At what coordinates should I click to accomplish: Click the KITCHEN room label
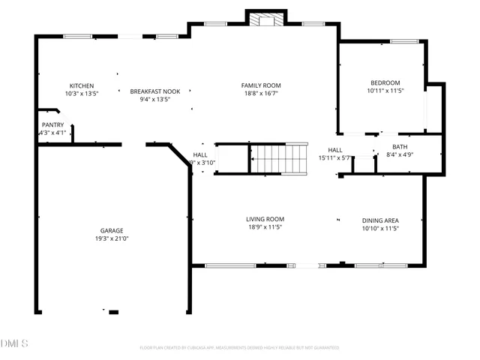[82, 85]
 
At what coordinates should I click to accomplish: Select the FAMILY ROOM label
[261, 85]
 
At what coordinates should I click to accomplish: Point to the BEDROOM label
[385, 82]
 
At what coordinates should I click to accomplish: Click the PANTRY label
[52, 125]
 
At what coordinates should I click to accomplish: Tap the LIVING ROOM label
[265, 219]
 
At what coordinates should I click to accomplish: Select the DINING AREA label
[380, 220]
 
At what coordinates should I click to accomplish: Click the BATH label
[400, 147]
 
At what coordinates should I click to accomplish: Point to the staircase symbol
[278, 158]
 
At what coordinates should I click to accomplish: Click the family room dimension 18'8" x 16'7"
[261, 94]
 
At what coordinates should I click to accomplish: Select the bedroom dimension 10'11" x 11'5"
[385, 91]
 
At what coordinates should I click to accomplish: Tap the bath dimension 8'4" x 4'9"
[400, 155]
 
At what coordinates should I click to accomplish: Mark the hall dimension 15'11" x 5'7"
[334, 158]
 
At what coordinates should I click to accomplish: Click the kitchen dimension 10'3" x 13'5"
[82, 94]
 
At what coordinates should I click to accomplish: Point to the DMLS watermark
[14, 343]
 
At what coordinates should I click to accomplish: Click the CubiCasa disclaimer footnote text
[239, 348]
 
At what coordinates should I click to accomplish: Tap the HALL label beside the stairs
[200, 154]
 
